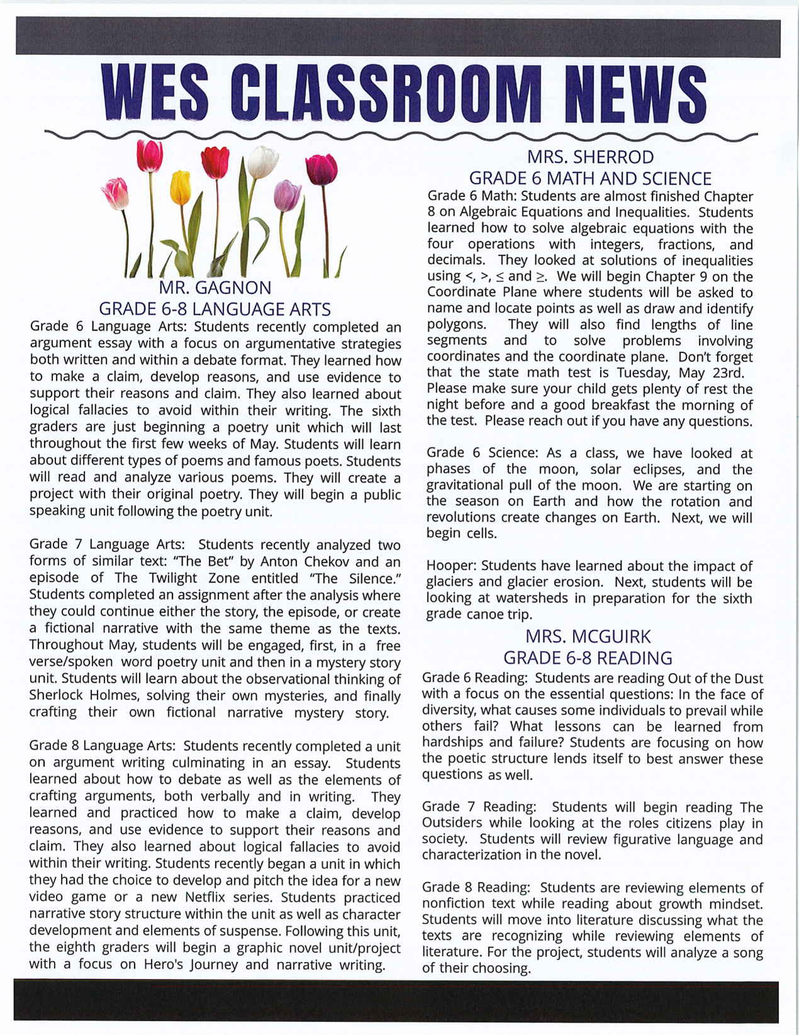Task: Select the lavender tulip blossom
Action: coord(286,195)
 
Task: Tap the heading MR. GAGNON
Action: coord(215,288)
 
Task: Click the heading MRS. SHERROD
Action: coord(590,157)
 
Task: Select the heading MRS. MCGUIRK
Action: coord(587,636)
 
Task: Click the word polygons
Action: coord(456,325)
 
